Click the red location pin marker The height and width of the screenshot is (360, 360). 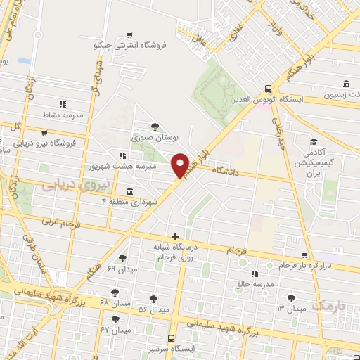point(181,165)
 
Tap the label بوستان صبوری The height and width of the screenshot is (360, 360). point(155,140)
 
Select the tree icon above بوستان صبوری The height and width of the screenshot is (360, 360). point(155,127)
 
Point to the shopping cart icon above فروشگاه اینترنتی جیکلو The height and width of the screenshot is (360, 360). point(129,34)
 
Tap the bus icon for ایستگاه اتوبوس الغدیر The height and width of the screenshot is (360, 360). point(268,89)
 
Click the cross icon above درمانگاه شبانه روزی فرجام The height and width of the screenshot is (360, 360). point(175,236)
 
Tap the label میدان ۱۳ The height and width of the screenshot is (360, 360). point(290,309)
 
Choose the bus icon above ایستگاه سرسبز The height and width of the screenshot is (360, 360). point(173,338)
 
